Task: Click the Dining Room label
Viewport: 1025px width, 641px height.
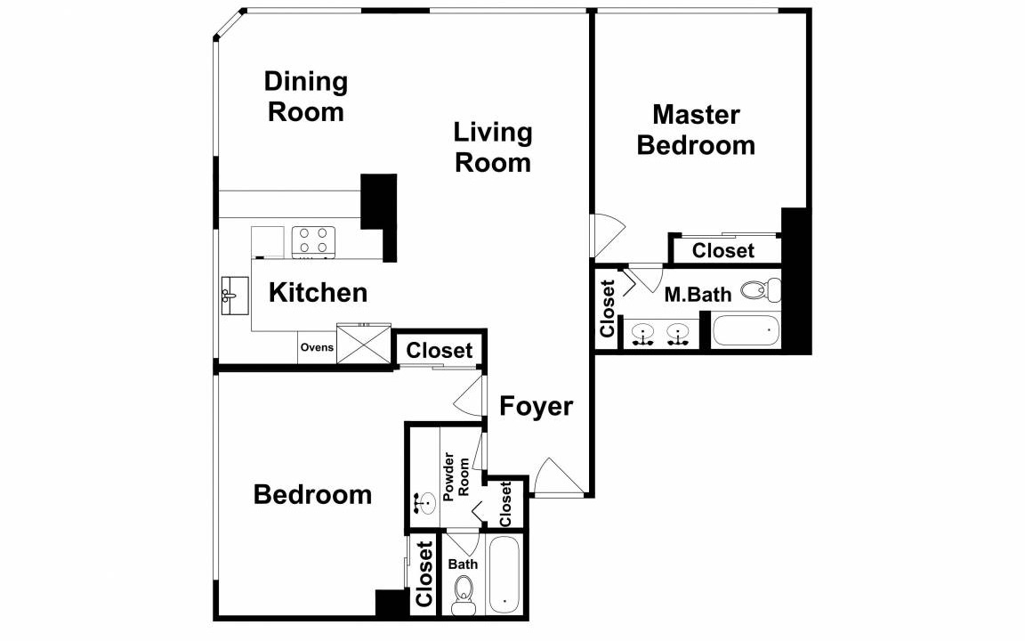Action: pyautogui.click(x=306, y=97)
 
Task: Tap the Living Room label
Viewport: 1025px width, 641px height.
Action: pyautogui.click(x=493, y=147)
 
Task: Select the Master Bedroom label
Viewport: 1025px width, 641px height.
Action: pyautogui.click(x=696, y=129)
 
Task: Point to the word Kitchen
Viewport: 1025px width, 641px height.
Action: pyautogui.click(x=318, y=292)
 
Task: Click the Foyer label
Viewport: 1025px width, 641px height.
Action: pyautogui.click(x=536, y=406)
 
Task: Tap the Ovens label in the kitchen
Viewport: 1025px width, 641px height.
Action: pyautogui.click(x=317, y=347)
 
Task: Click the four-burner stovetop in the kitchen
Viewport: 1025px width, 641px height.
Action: pyautogui.click(x=313, y=240)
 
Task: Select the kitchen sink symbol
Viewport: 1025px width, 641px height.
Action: pyautogui.click(x=235, y=296)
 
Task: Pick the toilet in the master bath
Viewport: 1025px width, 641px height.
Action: pyautogui.click(x=761, y=289)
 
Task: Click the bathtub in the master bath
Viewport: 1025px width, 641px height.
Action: pyautogui.click(x=746, y=331)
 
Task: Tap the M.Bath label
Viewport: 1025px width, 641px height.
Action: pyautogui.click(x=698, y=295)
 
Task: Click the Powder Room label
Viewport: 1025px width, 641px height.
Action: pyautogui.click(x=456, y=477)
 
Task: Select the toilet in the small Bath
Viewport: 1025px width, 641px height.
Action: pyautogui.click(x=464, y=595)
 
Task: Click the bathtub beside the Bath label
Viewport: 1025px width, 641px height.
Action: pyautogui.click(x=504, y=576)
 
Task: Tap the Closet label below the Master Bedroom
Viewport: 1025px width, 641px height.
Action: pyautogui.click(x=723, y=250)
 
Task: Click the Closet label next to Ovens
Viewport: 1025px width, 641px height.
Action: pyautogui.click(x=440, y=351)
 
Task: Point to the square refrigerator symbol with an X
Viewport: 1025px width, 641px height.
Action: pyautogui.click(x=363, y=343)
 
